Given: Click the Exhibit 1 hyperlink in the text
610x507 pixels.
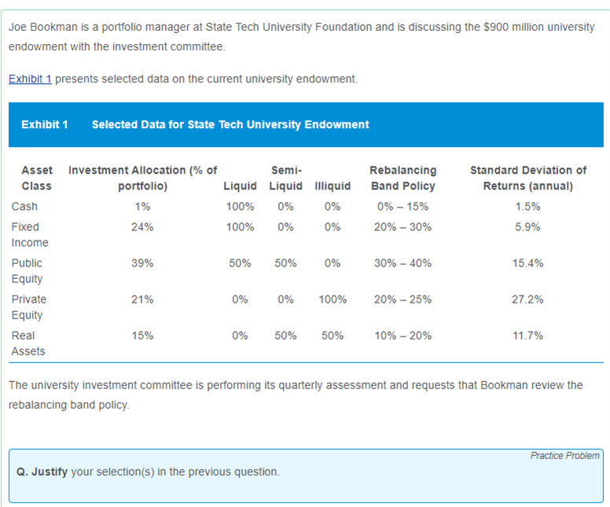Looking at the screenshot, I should pyautogui.click(x=30, y=79).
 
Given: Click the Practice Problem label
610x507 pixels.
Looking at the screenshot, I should pyautogui.click(x=564, y=456).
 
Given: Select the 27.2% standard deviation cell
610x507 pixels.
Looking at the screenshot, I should pyautogui.click(x=527, y=299).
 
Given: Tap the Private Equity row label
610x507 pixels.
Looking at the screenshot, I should pyautogui.click(x=28, y=307).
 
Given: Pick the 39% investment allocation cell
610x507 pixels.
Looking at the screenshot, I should pyautogui.click(x=142, y=263).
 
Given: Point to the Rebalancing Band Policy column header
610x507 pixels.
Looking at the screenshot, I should pyautogui.click(x=402, y=178).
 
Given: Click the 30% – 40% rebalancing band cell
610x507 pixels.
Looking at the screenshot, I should pyautogui.click(x=402, y=263).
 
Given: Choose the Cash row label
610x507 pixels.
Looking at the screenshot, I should pyautogui.click(x=24, y=207).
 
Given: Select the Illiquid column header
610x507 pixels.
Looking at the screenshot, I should pyautogui.click(x=332, y=186).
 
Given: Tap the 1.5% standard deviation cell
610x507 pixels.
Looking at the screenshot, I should pyautogui.click(x=527, y=207).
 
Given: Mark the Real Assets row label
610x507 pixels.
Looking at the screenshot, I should pyautogui.click(x=28, y=344).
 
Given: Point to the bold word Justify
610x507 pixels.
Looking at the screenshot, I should pyautogui.click(x=49, y=472).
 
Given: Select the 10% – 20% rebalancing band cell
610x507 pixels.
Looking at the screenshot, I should pyautogui.click(x=402, y=336).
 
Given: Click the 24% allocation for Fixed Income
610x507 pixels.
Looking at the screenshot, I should pyautogui.click(x=142, y=227).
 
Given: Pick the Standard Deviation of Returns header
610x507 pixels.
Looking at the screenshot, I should pyautogui.click(x=527, y=178).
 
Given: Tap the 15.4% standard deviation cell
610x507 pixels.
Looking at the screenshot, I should pyautogui.click(x=527, y=263).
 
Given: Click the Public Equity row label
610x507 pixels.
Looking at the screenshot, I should pyautogui.click(x=27, y=271).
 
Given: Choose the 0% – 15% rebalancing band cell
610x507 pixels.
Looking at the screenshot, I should pyautogui.click(x=402, y=207).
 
